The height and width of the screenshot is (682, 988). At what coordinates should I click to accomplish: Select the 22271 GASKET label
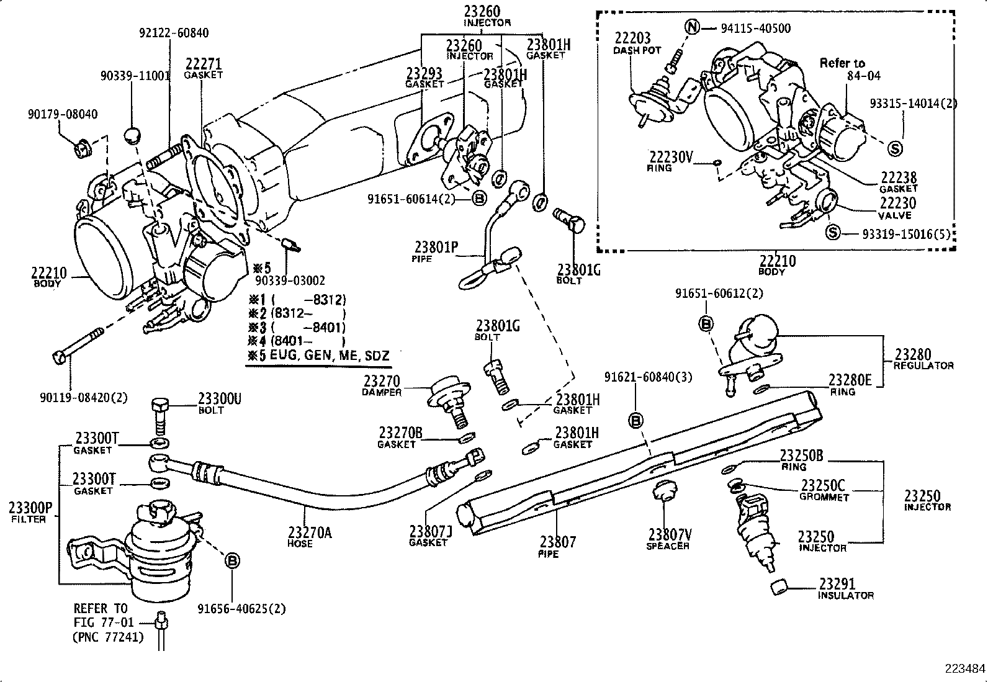203,68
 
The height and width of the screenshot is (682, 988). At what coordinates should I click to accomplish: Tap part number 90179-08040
62,114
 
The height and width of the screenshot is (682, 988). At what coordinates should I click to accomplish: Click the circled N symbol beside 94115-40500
693,27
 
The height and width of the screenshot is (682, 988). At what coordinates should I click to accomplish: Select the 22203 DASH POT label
637,43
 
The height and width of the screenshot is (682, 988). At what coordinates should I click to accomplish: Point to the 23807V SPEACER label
668,539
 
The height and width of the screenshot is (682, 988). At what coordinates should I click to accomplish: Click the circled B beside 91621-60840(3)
636,421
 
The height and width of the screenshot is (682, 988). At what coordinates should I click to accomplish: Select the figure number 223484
964,668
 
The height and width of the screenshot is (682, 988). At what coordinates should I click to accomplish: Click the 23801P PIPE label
436,251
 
